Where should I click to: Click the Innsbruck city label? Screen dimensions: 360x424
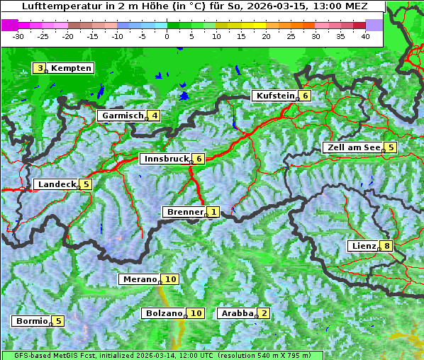point(165,159)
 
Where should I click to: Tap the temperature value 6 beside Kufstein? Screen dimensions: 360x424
point(305,96)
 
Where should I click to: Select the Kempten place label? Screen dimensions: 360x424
point(71,68)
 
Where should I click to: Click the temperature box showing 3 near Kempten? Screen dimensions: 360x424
point(40,68)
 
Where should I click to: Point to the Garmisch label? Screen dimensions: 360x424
point(122,116)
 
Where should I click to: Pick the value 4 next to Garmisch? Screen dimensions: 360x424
point(153,116)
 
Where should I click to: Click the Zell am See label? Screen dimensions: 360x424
point(352,147)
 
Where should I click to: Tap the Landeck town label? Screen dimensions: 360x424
point(55,184)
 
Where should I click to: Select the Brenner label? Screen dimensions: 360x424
point(184,212)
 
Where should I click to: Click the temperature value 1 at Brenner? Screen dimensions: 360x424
point(213,212)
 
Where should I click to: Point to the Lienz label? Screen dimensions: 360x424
point(362,246)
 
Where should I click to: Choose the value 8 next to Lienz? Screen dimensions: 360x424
point(386,246)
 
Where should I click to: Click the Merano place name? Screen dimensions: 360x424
point(139,279)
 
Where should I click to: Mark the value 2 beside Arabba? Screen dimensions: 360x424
point(264,313)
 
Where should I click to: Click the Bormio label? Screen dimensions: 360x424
point(31,321)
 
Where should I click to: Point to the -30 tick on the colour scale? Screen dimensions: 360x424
point(18,36)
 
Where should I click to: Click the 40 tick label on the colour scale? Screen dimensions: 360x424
point(365,36)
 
